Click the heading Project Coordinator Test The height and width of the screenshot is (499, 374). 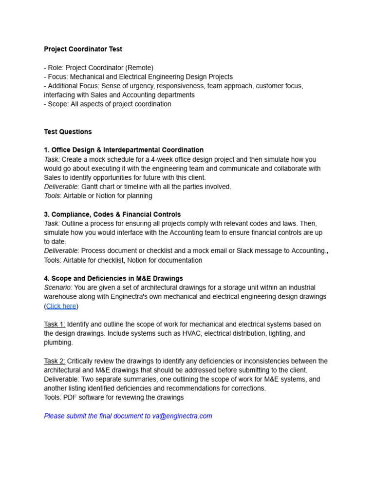coord(83,49)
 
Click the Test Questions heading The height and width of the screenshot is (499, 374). coord(68,132)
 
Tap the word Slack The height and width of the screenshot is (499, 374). coord(246,251)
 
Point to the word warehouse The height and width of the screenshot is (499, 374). coord(60,297)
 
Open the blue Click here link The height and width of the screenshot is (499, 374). coord(61,306)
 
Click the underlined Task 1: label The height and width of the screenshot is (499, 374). coord(55,325)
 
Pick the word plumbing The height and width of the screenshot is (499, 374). coord(58,343)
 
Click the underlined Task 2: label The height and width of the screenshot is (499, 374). coord(55,361)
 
